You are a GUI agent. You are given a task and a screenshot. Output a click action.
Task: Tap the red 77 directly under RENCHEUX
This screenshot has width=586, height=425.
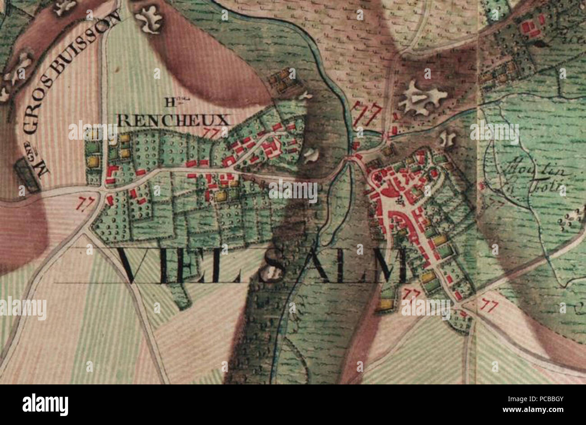(x=210, y=133)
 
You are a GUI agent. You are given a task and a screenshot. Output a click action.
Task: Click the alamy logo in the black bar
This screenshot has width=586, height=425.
(x=45, y=405)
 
